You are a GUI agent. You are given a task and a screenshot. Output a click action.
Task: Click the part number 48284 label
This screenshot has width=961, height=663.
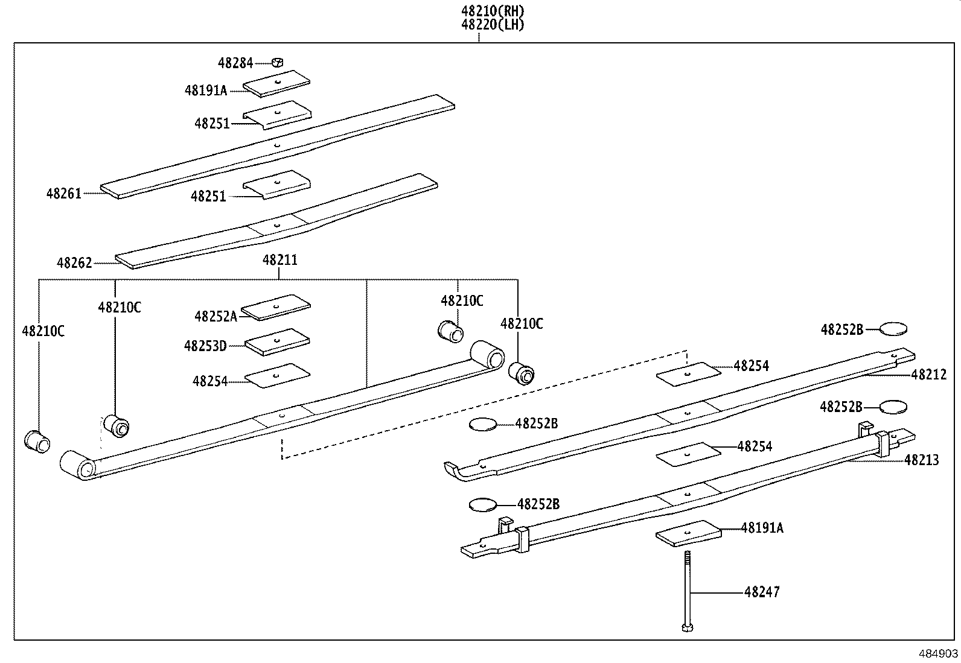(x=235, y=63)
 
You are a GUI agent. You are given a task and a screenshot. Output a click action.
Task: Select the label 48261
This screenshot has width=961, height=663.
(x=63, y=194)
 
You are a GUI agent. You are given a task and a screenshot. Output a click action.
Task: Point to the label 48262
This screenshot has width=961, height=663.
(x=74, y=263)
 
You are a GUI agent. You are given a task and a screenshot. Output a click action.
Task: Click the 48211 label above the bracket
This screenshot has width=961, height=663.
(x=279, y=261)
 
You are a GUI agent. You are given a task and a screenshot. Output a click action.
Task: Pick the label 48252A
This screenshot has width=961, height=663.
(x=216, y=316)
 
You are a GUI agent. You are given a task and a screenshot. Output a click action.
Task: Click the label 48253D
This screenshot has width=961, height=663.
(x=205, y=346)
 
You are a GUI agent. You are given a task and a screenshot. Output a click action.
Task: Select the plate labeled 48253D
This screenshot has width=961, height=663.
(x=278, y=342)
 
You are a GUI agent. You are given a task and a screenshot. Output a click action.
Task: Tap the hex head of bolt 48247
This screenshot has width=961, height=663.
(x=687, y=628)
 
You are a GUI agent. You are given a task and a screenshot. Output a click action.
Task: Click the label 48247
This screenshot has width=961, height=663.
(x=762, y=592)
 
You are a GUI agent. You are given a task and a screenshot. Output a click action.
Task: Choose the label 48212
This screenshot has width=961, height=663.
(x=929, y=375)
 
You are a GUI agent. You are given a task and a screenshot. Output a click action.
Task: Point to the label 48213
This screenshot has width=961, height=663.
(x=921, y=460)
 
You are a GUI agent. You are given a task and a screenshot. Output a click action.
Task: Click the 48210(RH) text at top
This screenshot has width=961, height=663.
(x=493, y=11)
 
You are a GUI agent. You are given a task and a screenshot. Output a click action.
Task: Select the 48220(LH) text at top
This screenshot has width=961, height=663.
(x=493, y=25)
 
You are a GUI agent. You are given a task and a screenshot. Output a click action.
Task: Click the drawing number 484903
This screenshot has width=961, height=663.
(x=938, y=653)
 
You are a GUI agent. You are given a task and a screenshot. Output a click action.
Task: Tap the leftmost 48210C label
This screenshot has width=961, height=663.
(x=43, y=331)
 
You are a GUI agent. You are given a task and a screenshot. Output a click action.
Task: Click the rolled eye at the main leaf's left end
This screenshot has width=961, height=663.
(x=77, y=466)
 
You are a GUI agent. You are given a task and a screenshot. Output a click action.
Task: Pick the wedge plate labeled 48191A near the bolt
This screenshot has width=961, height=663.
(x=688, y=533)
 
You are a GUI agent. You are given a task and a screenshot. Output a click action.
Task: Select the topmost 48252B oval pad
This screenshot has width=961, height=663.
(x=893, y=329)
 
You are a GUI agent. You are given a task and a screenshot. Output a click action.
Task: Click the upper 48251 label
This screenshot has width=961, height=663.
(x=212, y=124)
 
